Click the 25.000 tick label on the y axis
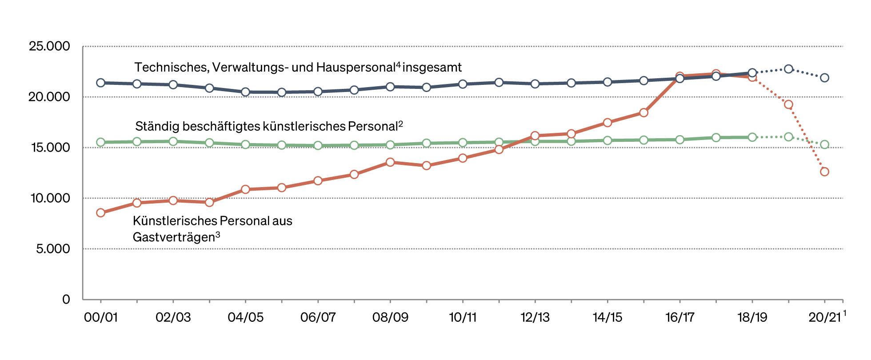coord(49,46)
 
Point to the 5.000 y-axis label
coord(53,249)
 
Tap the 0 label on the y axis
coord(66,300)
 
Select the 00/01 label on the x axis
coord(100,317)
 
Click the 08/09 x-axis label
coord(390,317)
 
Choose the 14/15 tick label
coord(607,317)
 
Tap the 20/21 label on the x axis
coord(824,317)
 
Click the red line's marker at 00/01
coord(100,213)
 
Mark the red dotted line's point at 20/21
coord(824,172)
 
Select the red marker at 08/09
coord(390,162)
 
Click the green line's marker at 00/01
coord(100,142)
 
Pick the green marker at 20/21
coord(824,144)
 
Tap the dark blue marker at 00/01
coord(100,83)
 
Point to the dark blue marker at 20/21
coord(824,78)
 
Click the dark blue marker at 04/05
coord(245,92)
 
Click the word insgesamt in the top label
coord(432,68)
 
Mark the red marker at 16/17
coord(679,76)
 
